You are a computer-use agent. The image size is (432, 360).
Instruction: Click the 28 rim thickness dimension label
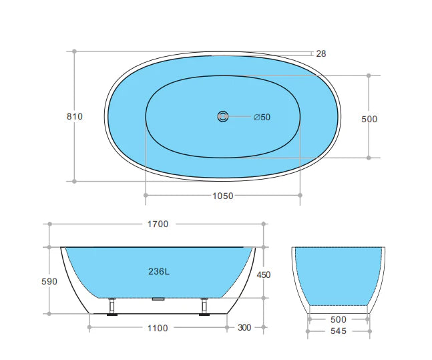321,53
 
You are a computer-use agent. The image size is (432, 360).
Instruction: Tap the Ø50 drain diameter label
262,118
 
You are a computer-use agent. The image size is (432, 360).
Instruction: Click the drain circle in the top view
222,117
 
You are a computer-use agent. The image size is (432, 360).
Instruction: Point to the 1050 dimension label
222,196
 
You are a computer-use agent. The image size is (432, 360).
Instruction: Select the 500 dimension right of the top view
369,119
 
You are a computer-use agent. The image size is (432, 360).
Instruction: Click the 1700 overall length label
158,224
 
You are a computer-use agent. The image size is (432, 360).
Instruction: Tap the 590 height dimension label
49,281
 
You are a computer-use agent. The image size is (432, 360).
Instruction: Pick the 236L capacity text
158,271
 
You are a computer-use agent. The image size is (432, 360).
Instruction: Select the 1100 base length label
158,328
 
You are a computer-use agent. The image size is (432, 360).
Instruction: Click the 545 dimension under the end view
339,332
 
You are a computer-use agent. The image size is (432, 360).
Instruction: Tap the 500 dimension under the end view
339,320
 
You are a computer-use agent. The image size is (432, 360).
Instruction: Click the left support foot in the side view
113,305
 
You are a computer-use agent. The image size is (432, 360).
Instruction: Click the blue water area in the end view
339,274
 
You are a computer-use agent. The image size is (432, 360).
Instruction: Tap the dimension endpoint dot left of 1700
49,224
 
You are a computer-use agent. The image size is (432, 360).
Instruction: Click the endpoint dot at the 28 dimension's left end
74,51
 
